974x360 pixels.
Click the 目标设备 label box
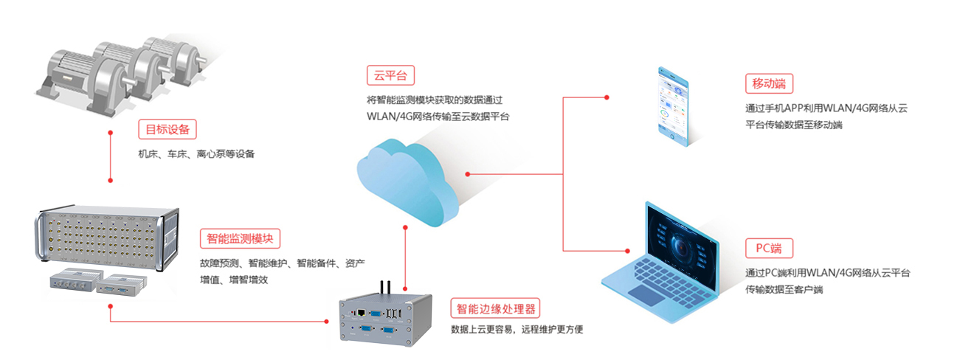pyautogui.click(x=167, y=130)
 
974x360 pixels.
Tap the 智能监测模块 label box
pyautogui.click(x=240, y=238)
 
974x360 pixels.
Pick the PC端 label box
pyautogui.click(x=769, y=247)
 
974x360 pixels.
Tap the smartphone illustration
pyautogui.click(x=674, y=108)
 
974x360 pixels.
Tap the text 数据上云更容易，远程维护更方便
pyautogui.click(x=517, y=329)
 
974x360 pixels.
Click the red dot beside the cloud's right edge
pyautogui.click(x=468, y=174)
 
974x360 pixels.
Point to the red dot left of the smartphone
pyautogui.click(x=607, y=97)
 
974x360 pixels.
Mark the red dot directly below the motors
pyautogui.click(x=110, y=133)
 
